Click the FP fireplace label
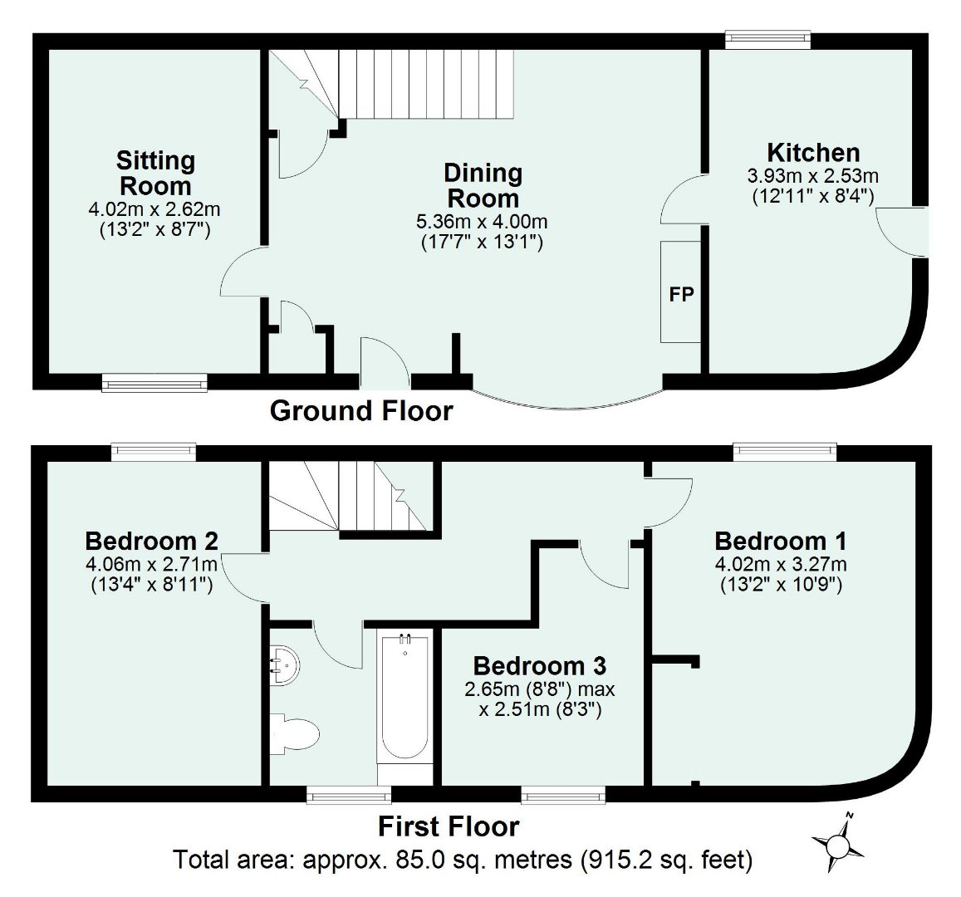coord(681,294)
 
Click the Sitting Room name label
coord(155,173)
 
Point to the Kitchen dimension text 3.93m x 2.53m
coord(812,176)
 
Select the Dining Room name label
coord(483,186)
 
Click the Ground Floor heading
coord(361,411)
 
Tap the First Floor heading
coord(449,827)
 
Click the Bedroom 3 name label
coord(540,666)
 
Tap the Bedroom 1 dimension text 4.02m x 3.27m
coord(781,566)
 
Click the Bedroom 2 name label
coord(151,542)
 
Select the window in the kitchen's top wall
coord(767,38)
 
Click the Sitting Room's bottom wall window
coord(154,383)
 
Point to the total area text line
coord(463,860)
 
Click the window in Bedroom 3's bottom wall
coord(563,797)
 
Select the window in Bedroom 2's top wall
coord(154,451)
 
